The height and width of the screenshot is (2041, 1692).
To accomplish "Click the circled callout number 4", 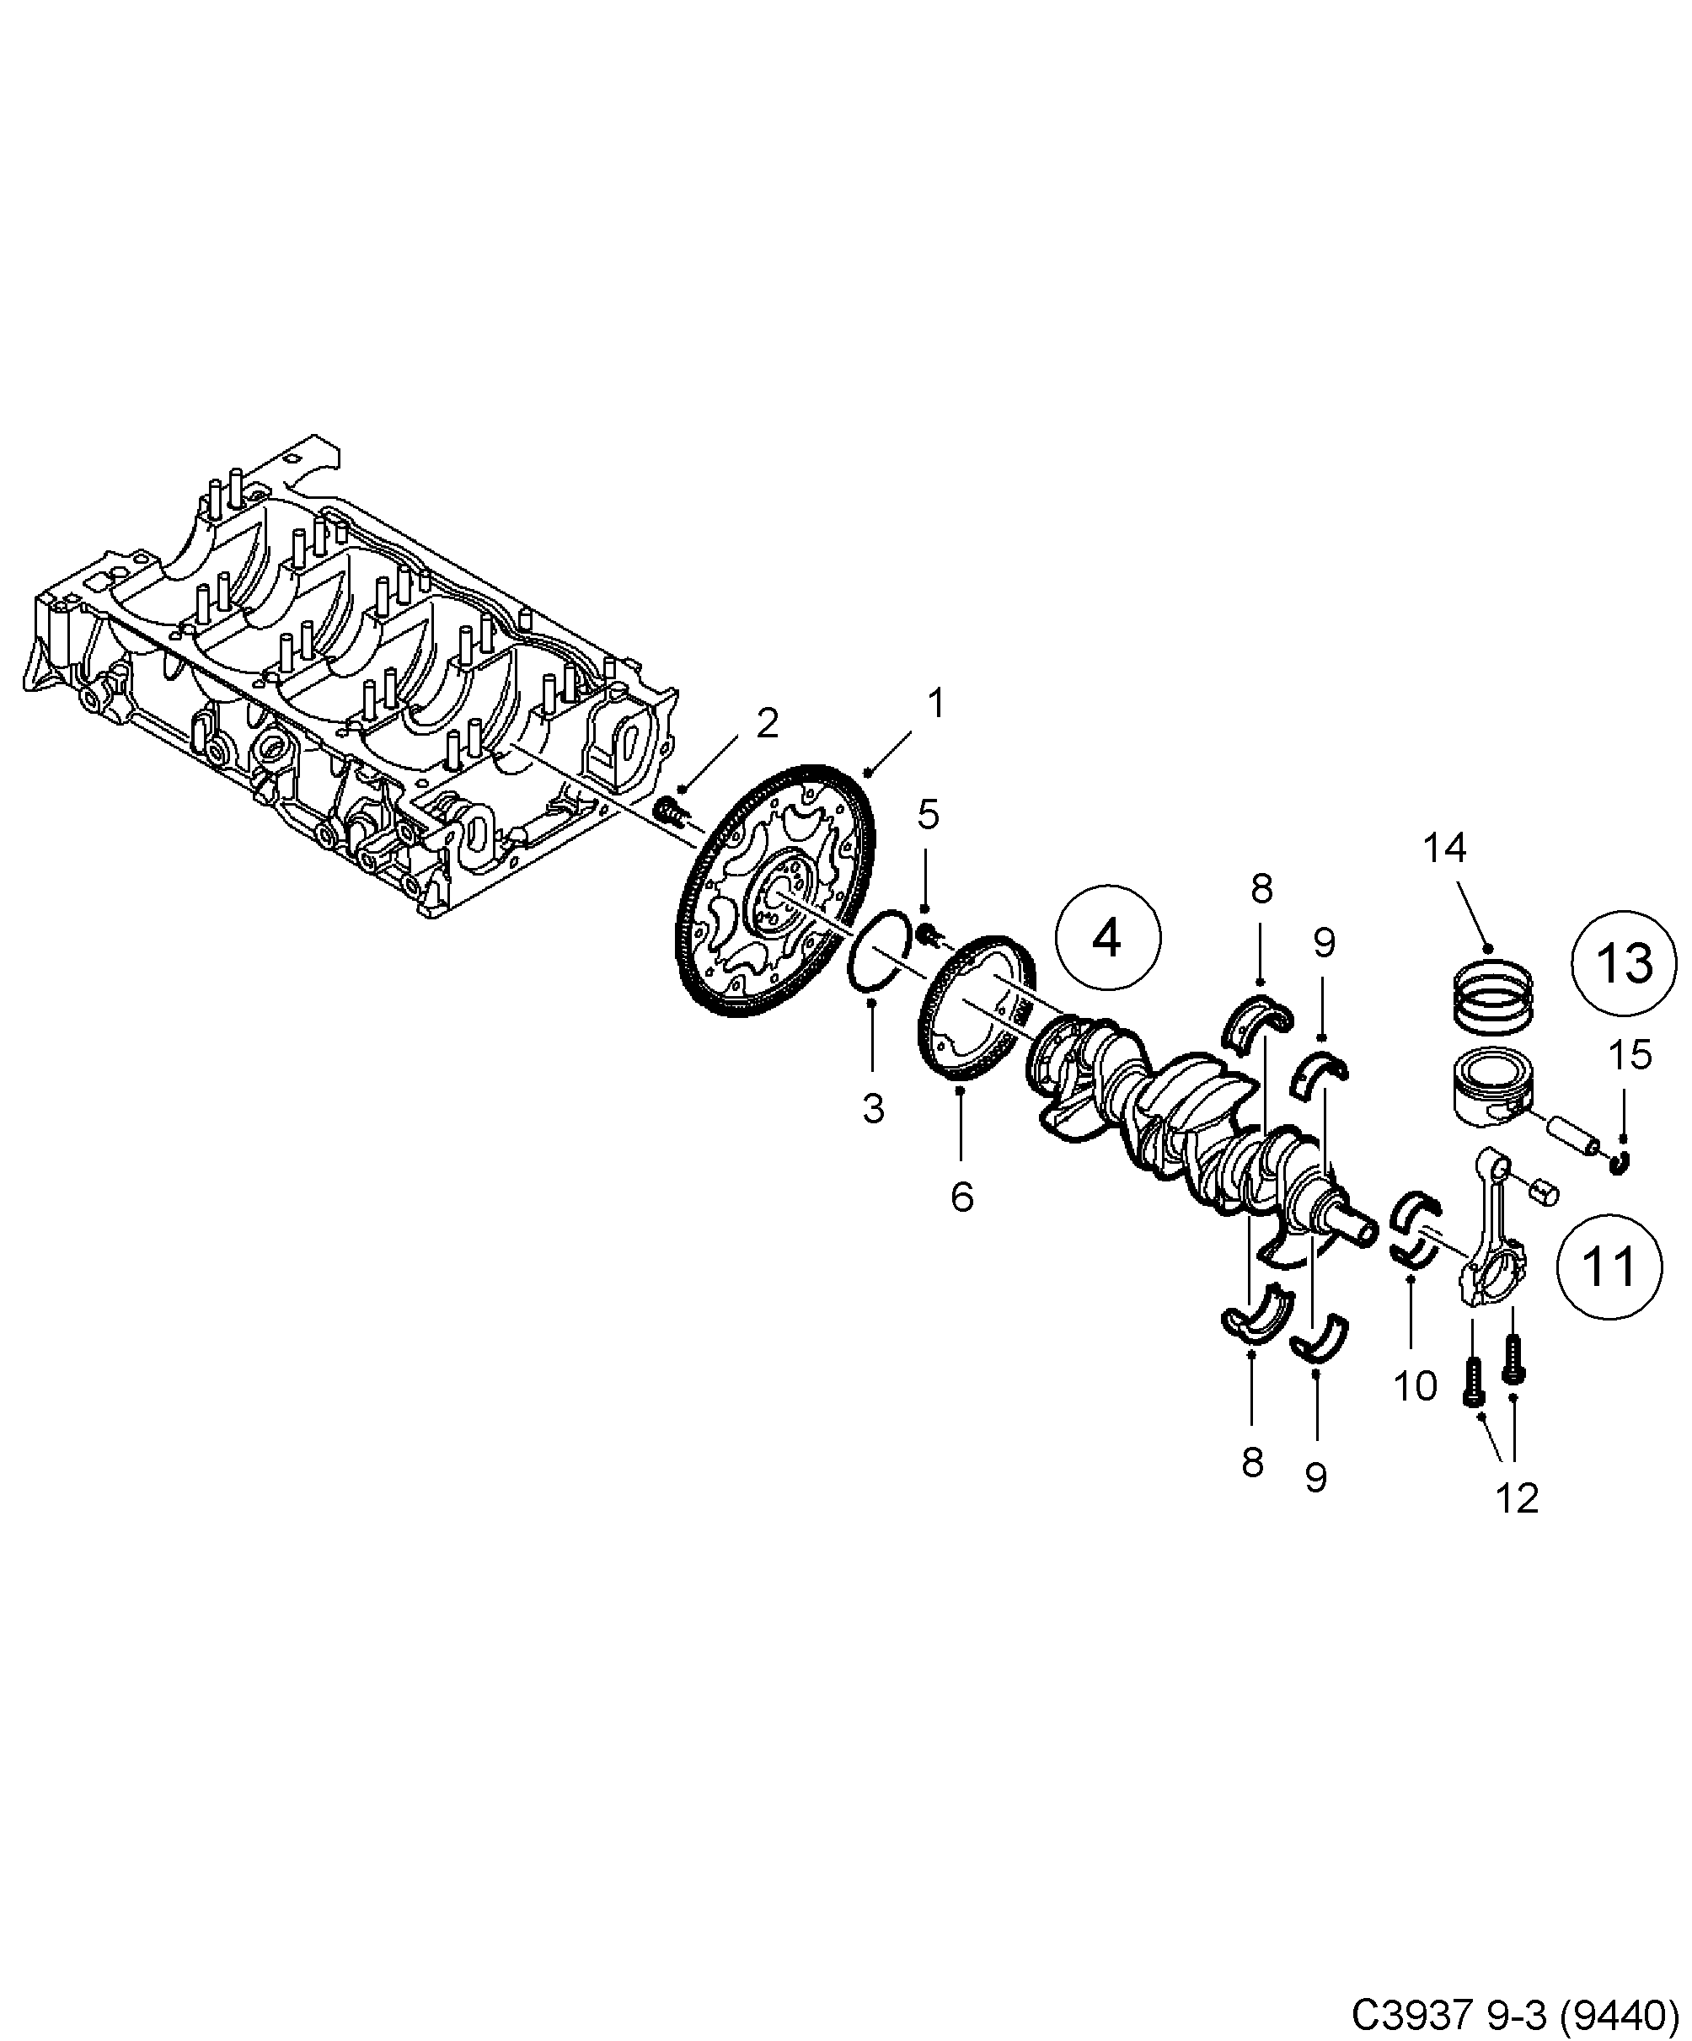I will point(1108,938).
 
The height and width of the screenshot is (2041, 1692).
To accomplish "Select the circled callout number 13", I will point(1624,963).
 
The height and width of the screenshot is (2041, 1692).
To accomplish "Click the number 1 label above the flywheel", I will point(935,704).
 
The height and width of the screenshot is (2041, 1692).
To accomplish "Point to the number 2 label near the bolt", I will point(767,723).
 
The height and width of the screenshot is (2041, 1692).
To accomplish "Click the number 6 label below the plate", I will point(961,1197).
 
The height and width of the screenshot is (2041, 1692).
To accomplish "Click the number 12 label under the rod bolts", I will point(1517,1498).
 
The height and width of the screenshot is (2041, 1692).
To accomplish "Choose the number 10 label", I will point(1415,1387).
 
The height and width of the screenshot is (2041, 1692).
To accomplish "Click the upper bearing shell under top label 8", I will point(1259,1020).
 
